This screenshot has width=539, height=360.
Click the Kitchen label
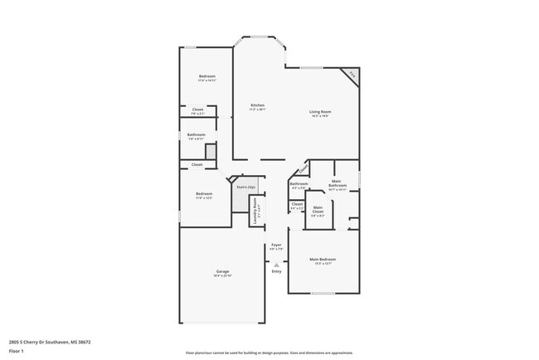coord(258,105)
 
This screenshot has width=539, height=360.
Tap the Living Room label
coord(320,112)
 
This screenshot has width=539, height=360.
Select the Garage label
coord(223,271)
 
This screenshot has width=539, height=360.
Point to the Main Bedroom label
coord(323,260)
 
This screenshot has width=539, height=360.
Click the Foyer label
coord(277,245)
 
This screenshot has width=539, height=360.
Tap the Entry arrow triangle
coord(277,265)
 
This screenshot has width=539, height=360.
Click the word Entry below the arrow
coord(277,271)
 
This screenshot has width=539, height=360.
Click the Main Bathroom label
coord(337,183)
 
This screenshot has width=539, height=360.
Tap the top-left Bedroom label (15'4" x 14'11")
coord(206,76)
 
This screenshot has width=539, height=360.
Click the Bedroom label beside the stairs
coord(204,194)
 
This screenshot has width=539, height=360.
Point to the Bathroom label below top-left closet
coord(197,134)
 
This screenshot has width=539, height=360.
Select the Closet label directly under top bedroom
coord(198,109)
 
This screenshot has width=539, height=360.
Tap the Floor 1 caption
coord(16,351)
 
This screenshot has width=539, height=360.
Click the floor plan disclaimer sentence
coord(269,352)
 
